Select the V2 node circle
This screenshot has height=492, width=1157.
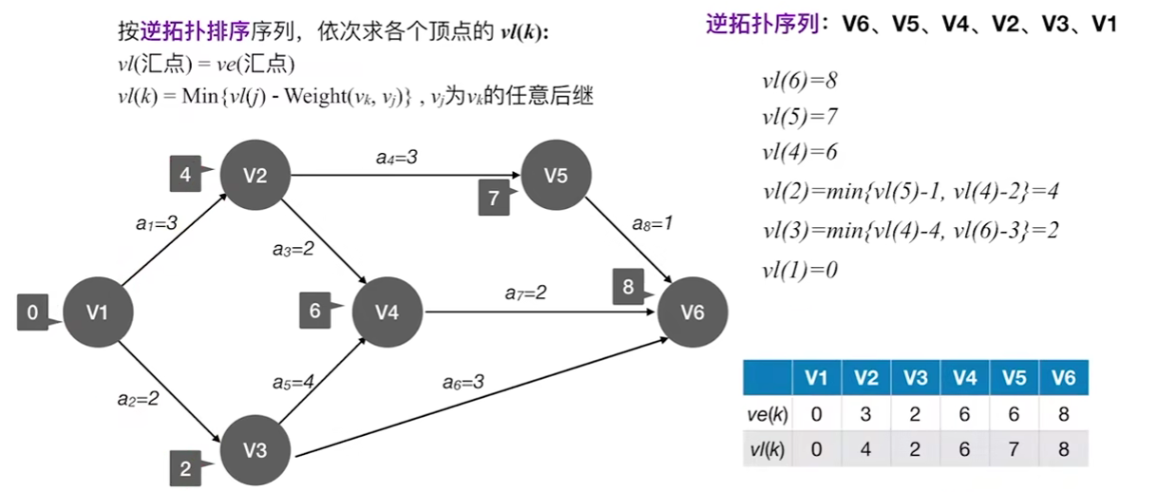point(255,176)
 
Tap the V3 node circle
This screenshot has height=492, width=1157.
point(255,450)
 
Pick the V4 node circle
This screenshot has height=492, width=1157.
point(388,312)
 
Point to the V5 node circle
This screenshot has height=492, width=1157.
point(556,176)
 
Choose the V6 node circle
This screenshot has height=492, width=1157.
point(692,312)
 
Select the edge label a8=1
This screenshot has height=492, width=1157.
point(654,224)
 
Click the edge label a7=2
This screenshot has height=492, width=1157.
point(525,293)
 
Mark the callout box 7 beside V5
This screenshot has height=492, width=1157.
point(493,198)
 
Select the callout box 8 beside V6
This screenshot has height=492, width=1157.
point(627,287)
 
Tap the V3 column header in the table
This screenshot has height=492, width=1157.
point(915,378)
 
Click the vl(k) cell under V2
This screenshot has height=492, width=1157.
point(865,448)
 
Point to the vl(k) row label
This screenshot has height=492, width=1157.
point(768,448)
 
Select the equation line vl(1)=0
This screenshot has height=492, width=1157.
point(799,270)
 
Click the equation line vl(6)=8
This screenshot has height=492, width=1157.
point(799,80)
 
